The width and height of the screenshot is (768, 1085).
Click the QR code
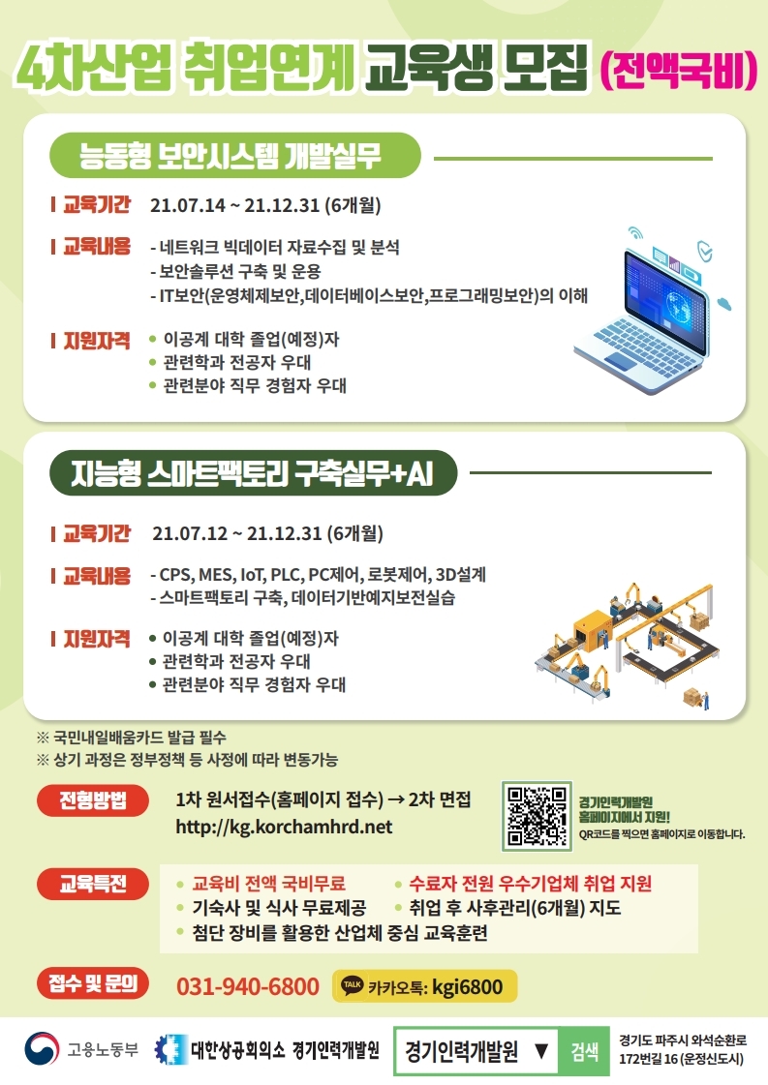coord(537,816)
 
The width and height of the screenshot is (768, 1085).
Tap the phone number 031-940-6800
coord(248,986)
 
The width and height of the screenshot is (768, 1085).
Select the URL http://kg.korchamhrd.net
coord(284,827)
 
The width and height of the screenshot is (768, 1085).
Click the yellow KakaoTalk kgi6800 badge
coord(425,985)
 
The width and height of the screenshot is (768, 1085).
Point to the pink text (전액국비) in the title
coord(678,69)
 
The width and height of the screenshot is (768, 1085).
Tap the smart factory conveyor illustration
coord(626,645)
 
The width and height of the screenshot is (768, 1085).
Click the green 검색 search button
coord(585,1051)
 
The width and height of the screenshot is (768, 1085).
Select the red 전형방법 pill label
coord(93,800)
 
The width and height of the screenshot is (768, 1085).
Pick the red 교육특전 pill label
coord(93,884)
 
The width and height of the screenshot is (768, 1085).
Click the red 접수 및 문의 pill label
coord(93,982)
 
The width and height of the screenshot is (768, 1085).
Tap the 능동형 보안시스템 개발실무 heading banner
coord(234,155)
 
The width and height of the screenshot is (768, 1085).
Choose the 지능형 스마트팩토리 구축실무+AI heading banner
coord(253,473)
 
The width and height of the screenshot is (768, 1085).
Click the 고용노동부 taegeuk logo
coord(41,1049)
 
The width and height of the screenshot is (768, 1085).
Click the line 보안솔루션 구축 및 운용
coord(235,271)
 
